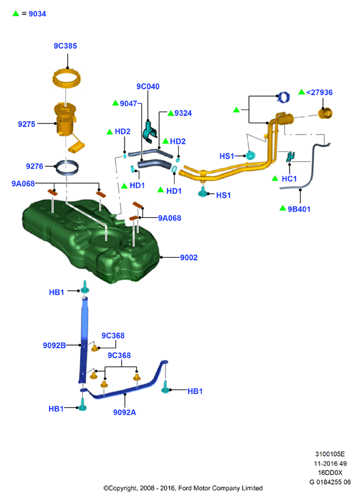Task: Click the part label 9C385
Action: (65, 46)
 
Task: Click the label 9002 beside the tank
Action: (188, 258)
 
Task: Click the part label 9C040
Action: (148, 87)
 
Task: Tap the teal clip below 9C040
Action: (150, 131)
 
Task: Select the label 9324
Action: (183, 113)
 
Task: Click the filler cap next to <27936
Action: (325, 114)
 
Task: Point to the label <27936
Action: (320, 93)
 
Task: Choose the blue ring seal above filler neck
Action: (283, 97)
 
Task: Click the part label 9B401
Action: (299, 209)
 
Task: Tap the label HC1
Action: (289, 179)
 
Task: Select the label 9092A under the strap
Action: (125, 412)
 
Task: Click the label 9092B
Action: (54, 345)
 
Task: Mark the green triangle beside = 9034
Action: (16, 14)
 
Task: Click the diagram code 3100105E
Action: (330, 454)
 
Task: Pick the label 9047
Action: (128, 104)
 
